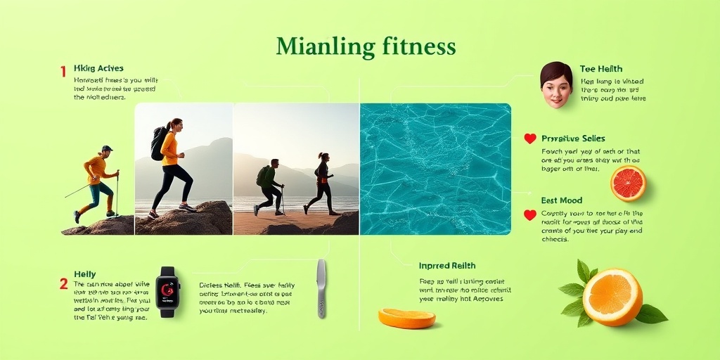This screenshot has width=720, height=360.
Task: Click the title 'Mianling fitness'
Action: (366, 47)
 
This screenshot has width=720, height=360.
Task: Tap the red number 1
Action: (63, 71)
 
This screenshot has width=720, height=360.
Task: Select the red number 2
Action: (63, 284)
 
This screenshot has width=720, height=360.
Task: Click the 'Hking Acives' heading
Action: (98, 68)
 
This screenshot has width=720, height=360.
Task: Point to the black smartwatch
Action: (167, 291)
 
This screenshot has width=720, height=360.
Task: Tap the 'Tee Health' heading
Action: (601, 69)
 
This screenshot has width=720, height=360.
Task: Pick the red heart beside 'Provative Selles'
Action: (530, 139)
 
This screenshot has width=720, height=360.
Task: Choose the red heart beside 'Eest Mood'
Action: (530, 215)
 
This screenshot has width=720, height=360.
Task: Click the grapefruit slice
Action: (628, 183)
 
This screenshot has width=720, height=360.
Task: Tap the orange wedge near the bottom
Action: (406, 319)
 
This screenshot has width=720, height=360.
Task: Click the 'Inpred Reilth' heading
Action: (447, 266)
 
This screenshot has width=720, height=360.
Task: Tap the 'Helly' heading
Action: (84, 274)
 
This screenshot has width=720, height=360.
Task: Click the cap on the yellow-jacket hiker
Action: (106, 148)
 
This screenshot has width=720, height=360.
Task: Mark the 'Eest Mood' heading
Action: (562, 200)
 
